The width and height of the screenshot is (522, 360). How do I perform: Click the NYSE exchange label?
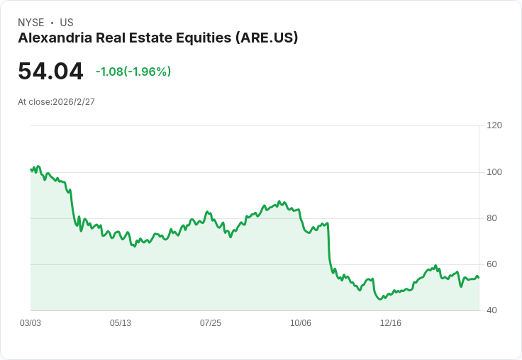click(x=31, y=23)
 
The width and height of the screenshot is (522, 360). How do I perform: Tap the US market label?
click(x=67, y=23)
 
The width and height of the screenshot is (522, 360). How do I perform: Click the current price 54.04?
click(x=50, y=72)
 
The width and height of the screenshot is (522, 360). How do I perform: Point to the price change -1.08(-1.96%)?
click(x=133, y=72)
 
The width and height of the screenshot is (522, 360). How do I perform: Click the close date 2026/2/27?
click(x=74, y=102)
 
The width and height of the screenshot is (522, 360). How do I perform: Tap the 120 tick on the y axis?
click(x=494, y=125)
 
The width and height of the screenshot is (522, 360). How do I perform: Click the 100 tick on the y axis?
click(x=494, y=172)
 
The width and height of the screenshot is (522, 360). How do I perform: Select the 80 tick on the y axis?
click(x=492, y=218)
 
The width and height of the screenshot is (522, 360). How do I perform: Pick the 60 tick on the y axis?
click(x=492, y=264)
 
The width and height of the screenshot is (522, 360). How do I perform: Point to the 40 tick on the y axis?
click(x=492, y=310)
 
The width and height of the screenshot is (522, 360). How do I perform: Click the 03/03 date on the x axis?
click(x=30, y=323)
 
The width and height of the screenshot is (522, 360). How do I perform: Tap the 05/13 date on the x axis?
click(x=121, y=323)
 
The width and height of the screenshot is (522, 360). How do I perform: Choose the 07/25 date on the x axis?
click(x=211, y=323)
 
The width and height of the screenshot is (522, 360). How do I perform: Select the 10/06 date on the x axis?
click(x=301, y=323)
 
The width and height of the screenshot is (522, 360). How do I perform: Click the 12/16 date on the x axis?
click(x=391, y=323)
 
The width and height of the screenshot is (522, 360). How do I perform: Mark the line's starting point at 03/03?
click(x=30, y=169)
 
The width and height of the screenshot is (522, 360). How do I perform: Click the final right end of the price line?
click(x=479, y=277)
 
